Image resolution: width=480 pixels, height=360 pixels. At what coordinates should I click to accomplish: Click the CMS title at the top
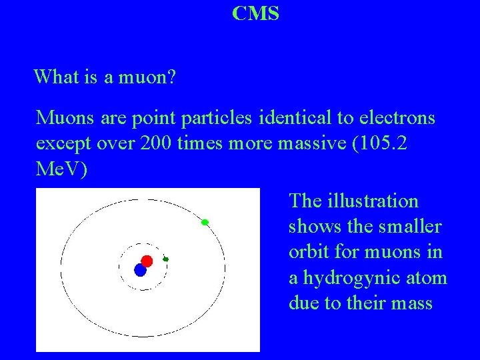[256, 13]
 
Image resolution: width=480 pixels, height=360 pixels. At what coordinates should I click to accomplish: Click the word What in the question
[53, 77]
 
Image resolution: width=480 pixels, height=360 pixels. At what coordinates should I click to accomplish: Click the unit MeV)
[61, 170]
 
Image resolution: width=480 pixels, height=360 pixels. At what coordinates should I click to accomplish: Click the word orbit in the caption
[307, 253]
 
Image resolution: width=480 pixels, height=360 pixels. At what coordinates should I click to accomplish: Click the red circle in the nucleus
[147, 261]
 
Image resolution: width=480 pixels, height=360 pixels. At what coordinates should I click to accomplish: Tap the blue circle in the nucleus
[140, 270]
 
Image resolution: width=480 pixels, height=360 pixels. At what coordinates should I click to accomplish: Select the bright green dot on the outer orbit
[205, 222]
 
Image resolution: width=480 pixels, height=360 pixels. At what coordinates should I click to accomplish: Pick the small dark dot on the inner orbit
[166, 259]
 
